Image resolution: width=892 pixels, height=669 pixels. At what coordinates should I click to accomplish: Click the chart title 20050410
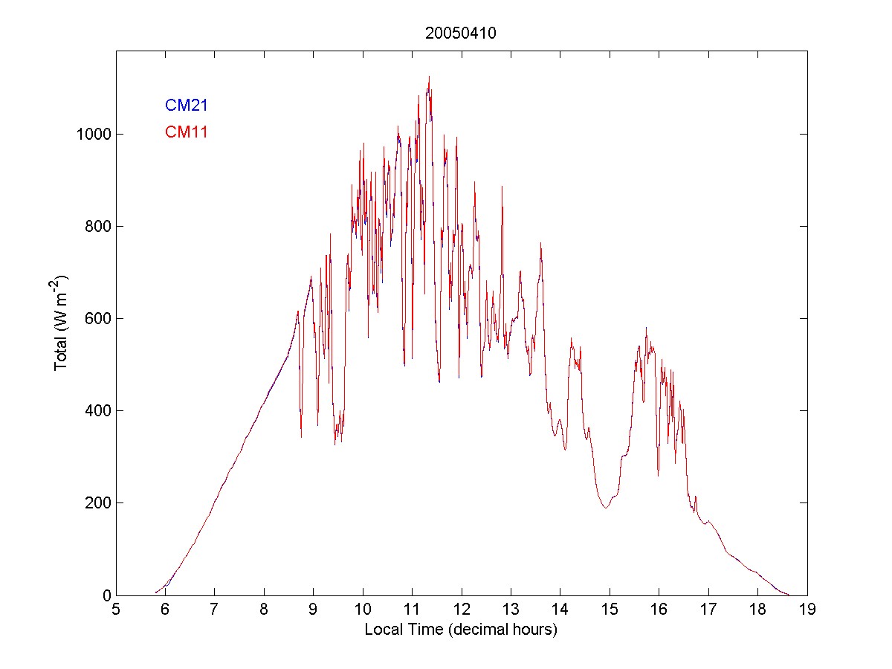click(x=461, y=33)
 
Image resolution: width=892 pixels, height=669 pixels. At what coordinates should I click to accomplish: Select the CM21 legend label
click(x=186, y=105)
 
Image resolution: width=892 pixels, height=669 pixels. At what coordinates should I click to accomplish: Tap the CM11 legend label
click(x=186, y=132)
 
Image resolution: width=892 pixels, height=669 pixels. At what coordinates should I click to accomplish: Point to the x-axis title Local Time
click(x=461, y=630)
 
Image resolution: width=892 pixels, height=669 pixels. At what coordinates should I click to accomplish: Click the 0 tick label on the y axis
click(x=106, y=595)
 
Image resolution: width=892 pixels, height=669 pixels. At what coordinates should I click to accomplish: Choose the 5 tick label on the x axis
click(x=115, y=610)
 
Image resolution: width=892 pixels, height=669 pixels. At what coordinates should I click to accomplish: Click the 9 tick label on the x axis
click(x=313, y=610)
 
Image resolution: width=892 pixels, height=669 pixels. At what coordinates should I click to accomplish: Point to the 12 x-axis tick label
click(x=461, y=610)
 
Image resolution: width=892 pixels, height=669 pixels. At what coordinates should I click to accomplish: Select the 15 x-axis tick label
click(x=610, y=610)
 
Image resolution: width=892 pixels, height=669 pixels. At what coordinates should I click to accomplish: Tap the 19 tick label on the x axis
click(x=807, y=610)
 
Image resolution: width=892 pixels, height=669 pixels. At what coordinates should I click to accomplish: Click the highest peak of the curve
click(x=429, y=76)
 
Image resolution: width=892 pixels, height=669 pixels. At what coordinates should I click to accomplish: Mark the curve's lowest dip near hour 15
click(x=606, y=508)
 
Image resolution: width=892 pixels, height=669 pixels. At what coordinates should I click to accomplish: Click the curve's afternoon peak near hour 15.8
click(x=646, y=328)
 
